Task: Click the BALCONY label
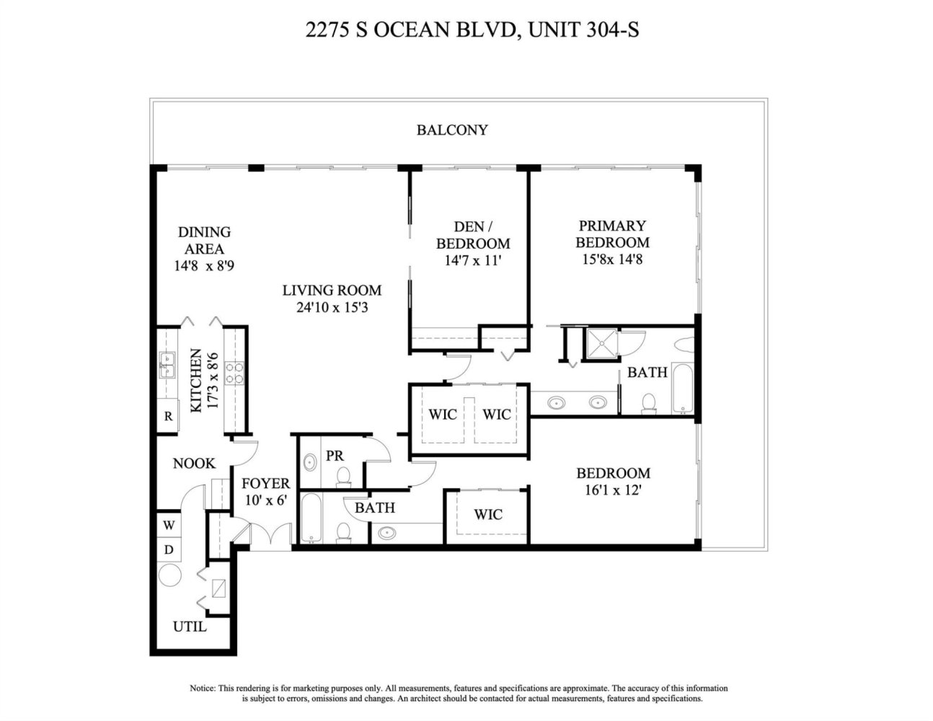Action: point(452,130)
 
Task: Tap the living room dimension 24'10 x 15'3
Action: point(332,307)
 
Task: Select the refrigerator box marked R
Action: point(168,415)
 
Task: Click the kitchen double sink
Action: point(167,365)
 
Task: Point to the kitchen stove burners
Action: point(234,373)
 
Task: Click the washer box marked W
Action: point(169,525)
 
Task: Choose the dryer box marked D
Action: point(169,549)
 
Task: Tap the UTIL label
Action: point(190,627)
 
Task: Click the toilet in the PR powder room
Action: point(343,477)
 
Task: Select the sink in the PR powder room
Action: point(309,462)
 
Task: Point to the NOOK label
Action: point(194,463)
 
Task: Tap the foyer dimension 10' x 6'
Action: point(265,500)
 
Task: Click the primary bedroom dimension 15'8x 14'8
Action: point(612,260)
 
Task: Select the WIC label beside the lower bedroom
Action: point(488,514)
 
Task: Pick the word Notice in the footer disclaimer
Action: point(202,688)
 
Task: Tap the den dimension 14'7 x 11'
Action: point(473,260)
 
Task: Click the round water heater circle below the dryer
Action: point(170,575)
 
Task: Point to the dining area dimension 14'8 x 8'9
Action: point(204,266)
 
